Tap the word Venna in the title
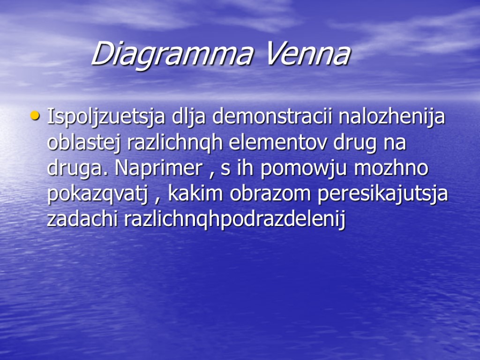(x=307, y=54)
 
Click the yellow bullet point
(x=34, y=115)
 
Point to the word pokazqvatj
(x=100, y=195)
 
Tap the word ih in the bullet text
(x=243, y=168)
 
